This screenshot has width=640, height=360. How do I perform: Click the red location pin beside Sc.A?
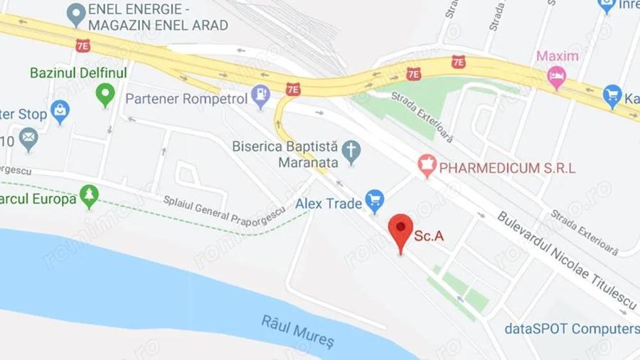tap(401, 229)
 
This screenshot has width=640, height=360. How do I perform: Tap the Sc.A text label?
tap(429, 235)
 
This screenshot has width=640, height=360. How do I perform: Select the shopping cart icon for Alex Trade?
tap(374, 201)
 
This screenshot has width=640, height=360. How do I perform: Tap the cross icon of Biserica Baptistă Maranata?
tap(351, 151)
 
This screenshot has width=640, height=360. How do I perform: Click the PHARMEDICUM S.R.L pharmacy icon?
tap(426, 166)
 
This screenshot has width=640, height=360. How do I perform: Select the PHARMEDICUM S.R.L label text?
tap(507, 169)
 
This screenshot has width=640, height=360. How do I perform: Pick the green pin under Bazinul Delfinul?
tap(105, 93)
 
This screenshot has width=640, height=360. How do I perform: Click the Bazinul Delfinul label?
tap(78, 73)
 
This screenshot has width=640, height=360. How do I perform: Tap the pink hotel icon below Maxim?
tap(556, 76)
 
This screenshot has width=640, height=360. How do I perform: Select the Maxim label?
tap(557, 56)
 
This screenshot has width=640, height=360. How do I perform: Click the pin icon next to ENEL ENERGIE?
tap(75, 12)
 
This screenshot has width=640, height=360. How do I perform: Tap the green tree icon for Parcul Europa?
tap(89, 196)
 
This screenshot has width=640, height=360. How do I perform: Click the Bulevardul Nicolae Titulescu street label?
tap(567, 260)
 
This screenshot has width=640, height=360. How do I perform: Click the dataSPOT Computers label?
tap(572, 329)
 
